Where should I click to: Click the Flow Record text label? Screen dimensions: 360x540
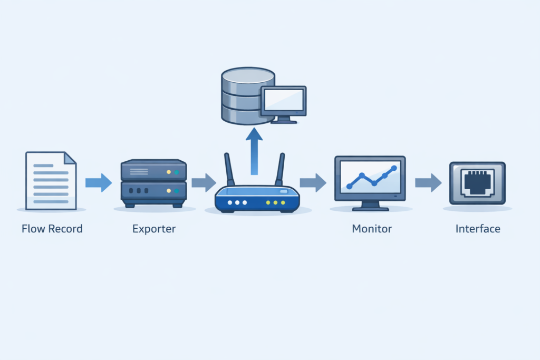click(52, 229)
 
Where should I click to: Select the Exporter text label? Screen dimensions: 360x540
click(154, 229)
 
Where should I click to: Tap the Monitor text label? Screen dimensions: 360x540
click(372, 229)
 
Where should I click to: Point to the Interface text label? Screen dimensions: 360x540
click(478, 229)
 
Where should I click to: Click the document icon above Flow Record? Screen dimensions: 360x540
click(51, 181)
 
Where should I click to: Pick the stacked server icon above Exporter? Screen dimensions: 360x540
click(153, 182)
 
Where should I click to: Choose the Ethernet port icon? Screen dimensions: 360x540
click(477, 182)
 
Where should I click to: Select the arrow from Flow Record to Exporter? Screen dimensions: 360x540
click(98, 183)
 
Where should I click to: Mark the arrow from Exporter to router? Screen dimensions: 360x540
click(203, 183)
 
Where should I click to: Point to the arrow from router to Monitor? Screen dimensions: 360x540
click(313, 183)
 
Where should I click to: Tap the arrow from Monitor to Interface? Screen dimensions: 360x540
click(428, 183)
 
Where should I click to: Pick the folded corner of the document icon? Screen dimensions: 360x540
click(70, 158)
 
